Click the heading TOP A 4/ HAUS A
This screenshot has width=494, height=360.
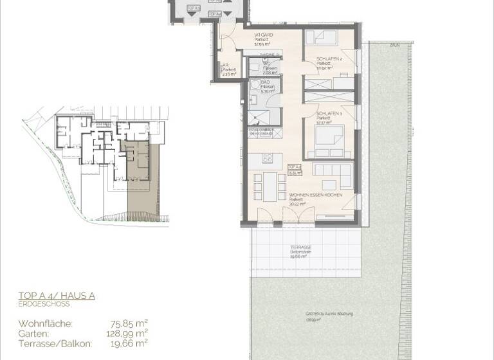coord(57,296)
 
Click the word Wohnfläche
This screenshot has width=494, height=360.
coord(45,323)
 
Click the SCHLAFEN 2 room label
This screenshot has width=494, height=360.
coord(329,59)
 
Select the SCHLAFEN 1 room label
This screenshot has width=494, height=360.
coord(327,114)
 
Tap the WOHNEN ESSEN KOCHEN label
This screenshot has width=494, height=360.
coord(315,194)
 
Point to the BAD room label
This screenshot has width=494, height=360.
coord(264,82)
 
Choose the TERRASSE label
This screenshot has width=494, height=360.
coord(300,248)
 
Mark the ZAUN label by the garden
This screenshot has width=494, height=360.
coord(394,45)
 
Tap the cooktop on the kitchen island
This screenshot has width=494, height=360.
coord(266,158)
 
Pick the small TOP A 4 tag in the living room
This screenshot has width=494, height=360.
coord(296,170)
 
